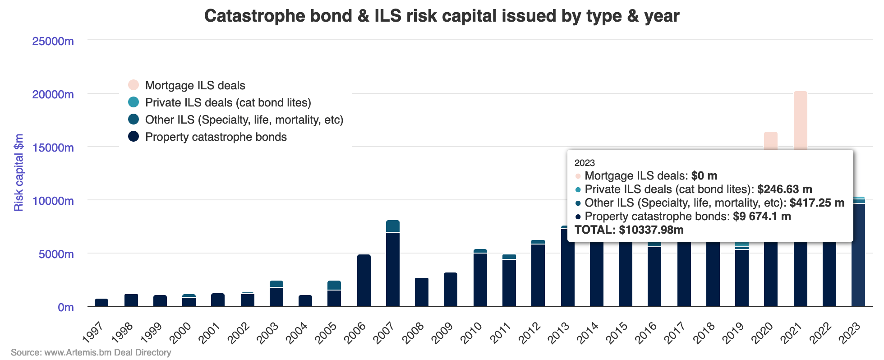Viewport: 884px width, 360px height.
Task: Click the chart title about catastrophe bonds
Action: tap(442, 16)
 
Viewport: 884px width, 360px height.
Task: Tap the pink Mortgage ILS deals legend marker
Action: tap(134, 85)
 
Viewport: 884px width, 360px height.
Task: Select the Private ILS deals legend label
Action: tap(228, 103)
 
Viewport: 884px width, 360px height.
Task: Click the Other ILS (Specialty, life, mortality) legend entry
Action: tap(244, 120)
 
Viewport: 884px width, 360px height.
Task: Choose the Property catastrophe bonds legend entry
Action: tap(216, 137)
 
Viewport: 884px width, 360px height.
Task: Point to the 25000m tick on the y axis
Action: tap(53, 42)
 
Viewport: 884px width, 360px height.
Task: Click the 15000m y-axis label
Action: tap(53, 148)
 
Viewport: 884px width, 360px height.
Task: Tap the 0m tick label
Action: tap(65, 308)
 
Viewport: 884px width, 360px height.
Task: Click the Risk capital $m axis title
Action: tap(18, 173)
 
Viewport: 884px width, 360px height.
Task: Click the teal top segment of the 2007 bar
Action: tap(393, 226)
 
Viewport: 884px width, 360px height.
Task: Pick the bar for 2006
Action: tap(364, 281)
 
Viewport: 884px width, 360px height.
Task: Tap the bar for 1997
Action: tap(101, 303)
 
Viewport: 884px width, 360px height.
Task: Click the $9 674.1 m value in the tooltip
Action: tap(762, 217)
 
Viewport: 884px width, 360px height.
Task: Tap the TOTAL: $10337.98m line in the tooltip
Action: tap(629, 230)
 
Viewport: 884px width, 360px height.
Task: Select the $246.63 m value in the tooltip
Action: tap(784, 189)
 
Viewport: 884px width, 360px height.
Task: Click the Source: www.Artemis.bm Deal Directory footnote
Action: tap(91, 352)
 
